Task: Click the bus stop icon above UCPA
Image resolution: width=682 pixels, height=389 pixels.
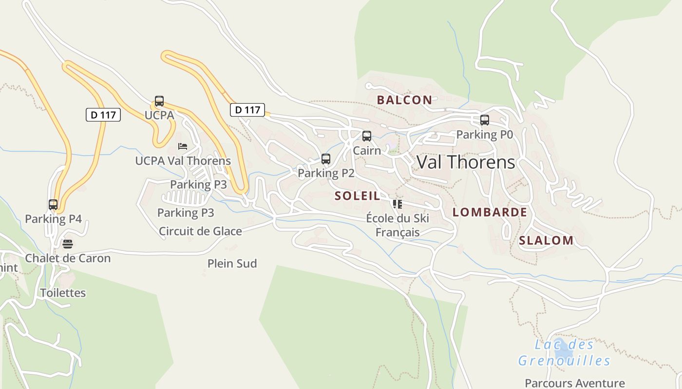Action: pos(159,101)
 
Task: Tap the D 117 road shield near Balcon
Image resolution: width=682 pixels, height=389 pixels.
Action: pos(247,110)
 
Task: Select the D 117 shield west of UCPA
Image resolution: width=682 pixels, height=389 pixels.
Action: pos(103,115)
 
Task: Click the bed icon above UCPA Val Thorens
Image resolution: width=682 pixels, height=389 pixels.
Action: pos(183,146)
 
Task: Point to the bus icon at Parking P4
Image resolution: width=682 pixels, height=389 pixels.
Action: pos(53,205)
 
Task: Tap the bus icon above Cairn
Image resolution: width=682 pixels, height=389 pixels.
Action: pos(367,136)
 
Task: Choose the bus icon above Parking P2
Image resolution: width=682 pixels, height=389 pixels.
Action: pos(326,159)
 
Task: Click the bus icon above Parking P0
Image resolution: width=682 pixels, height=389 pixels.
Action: pos(484,120)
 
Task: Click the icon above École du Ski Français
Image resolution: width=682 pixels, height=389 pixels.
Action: pos(398,204)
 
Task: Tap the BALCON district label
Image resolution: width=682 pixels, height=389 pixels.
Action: pos(404,100)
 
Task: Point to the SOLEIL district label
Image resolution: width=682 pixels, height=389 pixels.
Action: pos(357,196)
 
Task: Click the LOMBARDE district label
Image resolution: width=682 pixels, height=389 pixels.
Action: pos(490,212)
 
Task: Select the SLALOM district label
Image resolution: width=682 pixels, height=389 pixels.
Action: pos(546,240)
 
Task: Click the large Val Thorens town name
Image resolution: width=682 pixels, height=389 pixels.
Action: pos(466,162)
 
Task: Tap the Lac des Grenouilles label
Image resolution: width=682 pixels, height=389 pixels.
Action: pos(564,353)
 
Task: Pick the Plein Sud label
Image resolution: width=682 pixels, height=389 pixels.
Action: pos(232,264)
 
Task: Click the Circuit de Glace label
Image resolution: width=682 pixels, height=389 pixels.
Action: pos(200,231)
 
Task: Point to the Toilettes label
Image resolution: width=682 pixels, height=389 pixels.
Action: pos(63,293)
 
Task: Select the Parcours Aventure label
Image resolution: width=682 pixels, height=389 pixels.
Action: pos(574,383)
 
